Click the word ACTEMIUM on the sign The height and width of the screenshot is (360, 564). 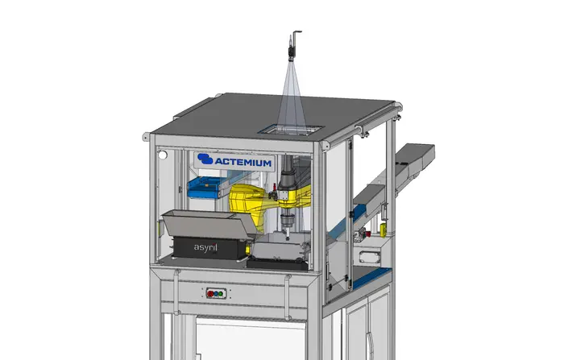point(243,162)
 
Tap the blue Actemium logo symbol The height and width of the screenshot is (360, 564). point(205,159)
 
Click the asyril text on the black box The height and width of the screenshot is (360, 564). point(205,247)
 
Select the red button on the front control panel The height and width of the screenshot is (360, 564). point(210,293)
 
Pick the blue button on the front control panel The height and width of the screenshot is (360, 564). point(216,293)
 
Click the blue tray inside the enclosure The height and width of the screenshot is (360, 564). point(204,188)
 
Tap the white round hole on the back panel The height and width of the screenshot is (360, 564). point(163,155)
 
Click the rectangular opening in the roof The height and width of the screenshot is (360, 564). point(291,130)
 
